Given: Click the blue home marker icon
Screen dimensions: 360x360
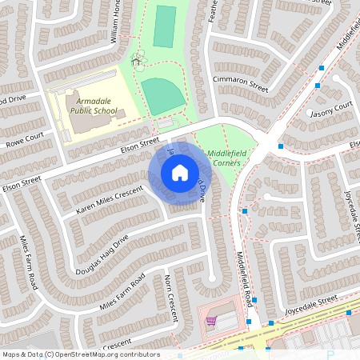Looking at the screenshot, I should coord(179,173).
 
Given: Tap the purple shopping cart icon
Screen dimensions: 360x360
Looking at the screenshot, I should coord(211,321).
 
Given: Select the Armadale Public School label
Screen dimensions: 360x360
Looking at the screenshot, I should coord(94,106).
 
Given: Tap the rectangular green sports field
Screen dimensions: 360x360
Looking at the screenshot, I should coord(164,26).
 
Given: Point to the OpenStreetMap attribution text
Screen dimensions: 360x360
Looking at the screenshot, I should coord(80,354).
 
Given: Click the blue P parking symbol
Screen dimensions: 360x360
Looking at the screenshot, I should coord(330,354).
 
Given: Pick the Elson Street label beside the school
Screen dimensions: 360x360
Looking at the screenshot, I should coord(140,145).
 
